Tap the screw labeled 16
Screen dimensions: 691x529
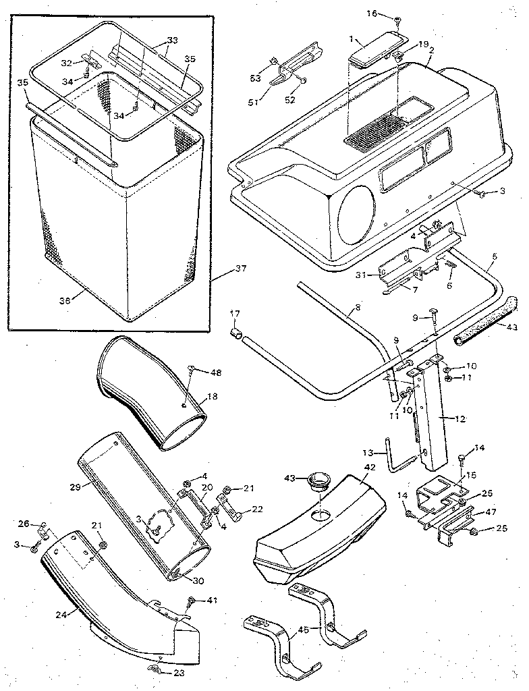pyautogui.click(x=398, y=21)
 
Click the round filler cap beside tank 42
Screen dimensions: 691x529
pyautogui.click(x=317, y=482)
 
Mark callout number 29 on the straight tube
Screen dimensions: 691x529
pyautogui.click(x=74, y=486)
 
